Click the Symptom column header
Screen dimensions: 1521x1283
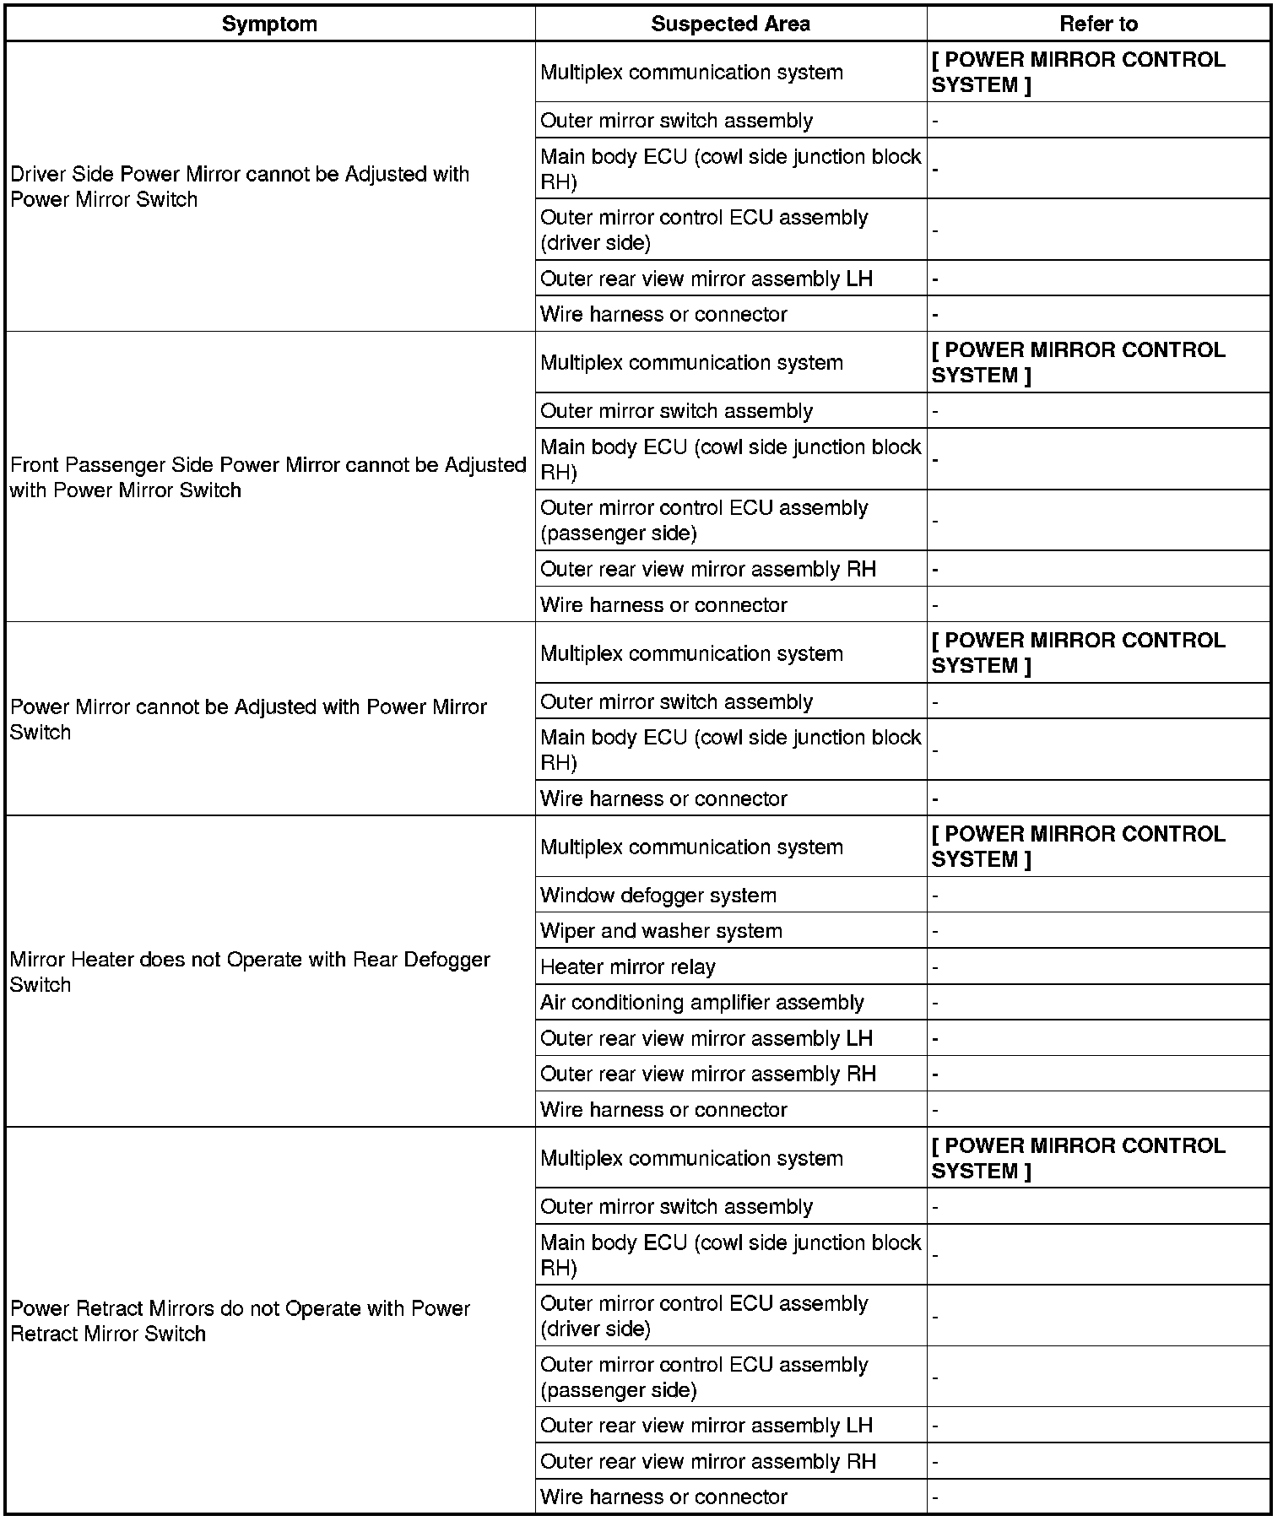(269, 24)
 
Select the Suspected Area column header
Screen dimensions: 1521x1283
(730, 24)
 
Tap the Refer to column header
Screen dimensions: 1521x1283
(1098, 24)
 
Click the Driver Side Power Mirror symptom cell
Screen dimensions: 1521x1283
(240, 187)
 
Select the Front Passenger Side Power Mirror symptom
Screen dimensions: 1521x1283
(268, 477)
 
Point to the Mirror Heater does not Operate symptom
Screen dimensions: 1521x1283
(250, 972)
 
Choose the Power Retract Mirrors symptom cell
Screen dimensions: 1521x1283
(240, 1321)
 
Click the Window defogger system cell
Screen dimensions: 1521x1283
(658, 895)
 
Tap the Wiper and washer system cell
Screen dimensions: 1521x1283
(662, 930)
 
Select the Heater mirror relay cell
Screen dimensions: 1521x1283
(628, 966)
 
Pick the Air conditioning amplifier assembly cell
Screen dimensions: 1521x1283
(702, 1002)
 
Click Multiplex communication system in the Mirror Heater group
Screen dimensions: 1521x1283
(691, 847)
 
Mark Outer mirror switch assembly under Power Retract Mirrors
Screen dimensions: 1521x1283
(676, 1206)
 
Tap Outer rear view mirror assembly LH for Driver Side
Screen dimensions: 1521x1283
(706, 279)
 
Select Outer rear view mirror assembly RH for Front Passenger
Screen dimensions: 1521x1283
(708, 569)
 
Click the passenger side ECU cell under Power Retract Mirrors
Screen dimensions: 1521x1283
(704, 1377)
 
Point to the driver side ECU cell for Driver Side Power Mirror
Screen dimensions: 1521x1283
(704, 230)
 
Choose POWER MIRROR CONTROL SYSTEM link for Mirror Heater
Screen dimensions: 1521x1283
(1078, 846)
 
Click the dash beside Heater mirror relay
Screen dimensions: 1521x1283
(935, 967)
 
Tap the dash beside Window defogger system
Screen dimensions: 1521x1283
(935, 896)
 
